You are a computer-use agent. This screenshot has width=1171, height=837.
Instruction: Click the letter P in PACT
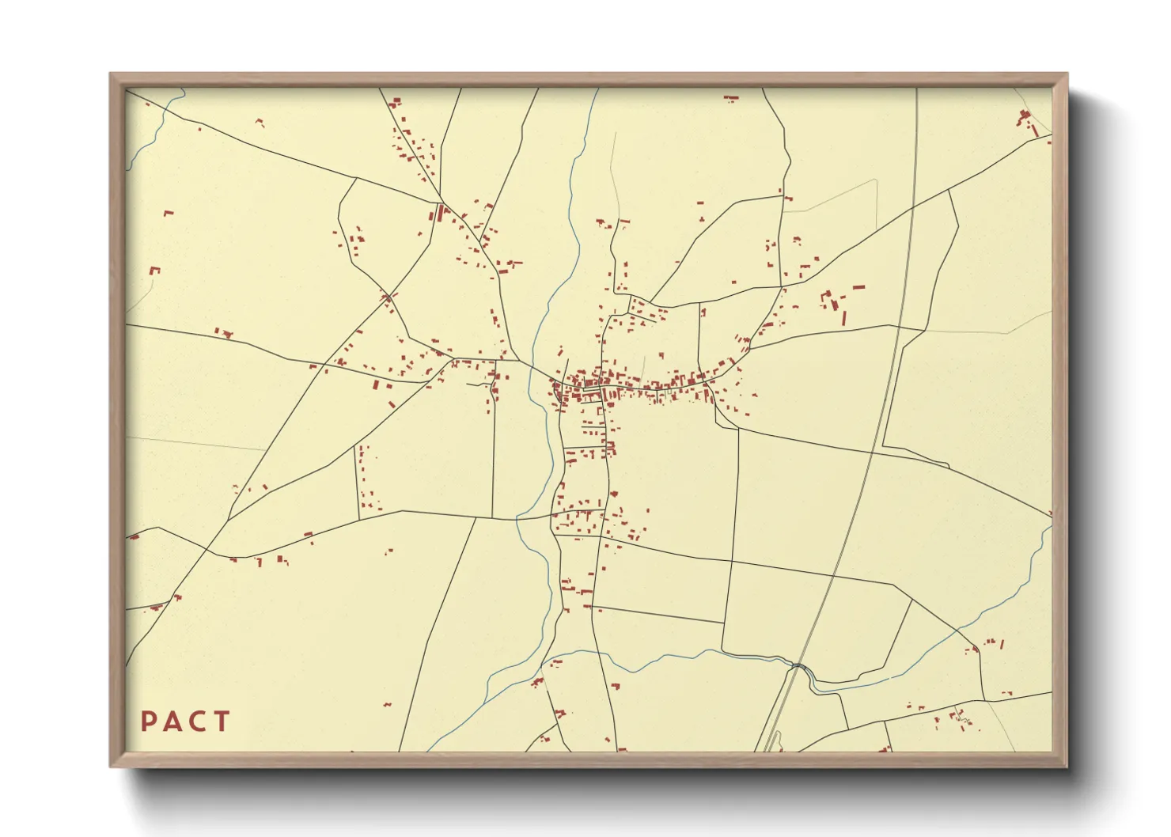[148, 721]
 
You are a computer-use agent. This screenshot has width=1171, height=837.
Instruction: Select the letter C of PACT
[198, 721]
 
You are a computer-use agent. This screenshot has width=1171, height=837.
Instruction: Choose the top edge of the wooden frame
[589, 79]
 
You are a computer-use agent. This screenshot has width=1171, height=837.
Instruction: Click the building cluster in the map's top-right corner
[1027, 121]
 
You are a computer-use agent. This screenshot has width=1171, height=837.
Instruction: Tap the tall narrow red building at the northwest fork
[440, 212]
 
